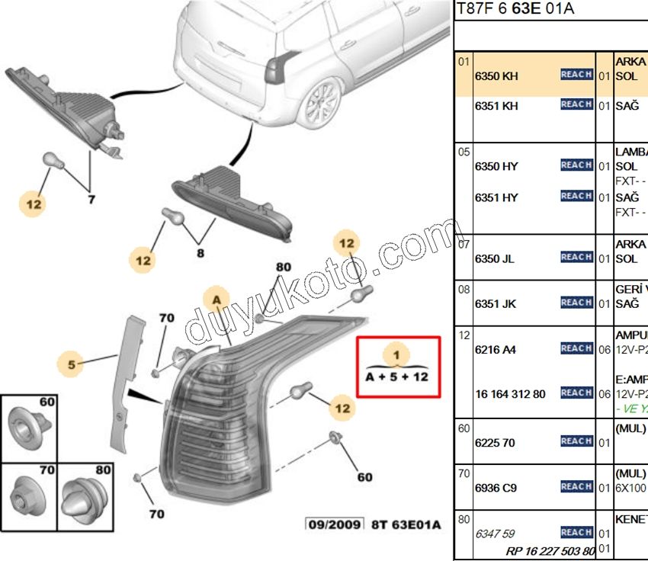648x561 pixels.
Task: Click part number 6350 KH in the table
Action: point(496,76)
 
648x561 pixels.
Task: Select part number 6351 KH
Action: point(496,106)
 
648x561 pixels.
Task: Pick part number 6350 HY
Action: point(496,167)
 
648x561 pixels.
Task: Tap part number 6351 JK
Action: point(495,304)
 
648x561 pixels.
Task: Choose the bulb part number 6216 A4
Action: point(495,350)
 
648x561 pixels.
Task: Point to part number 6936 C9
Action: point(496,487)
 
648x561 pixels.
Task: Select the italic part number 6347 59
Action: point(494,534)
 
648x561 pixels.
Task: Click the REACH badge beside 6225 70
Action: point(576,441)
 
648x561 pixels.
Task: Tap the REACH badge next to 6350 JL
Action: point(576,258)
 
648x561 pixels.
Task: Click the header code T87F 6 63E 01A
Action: point(515,10)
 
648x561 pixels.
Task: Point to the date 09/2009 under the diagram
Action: point(332,524)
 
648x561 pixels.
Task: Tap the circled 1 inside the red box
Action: point(396,354)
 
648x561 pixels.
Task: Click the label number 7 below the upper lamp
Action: point(91,200)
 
